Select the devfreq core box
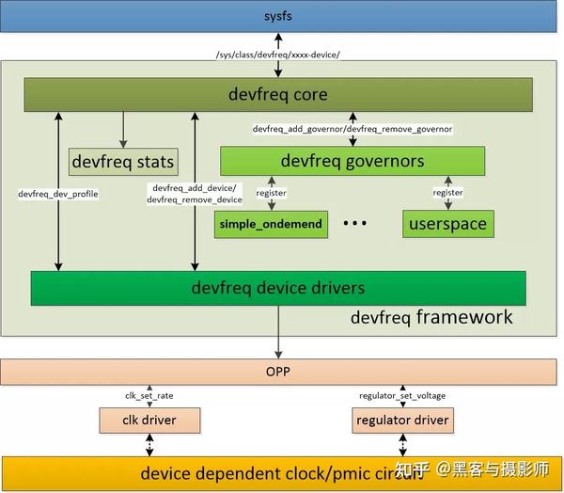[278, 94]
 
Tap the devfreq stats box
[123, 162]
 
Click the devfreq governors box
[352, 161]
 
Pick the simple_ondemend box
[271, 224]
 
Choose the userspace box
[448, 225]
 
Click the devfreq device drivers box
[278, 288]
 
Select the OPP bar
[279, 372]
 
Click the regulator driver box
[402, 419]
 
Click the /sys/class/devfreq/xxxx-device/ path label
[278, 54]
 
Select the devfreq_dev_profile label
[58, 194]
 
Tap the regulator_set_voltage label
[402, 395]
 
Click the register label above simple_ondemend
[271, 193]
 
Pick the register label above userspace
[447, 193]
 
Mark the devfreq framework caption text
[431, 317]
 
